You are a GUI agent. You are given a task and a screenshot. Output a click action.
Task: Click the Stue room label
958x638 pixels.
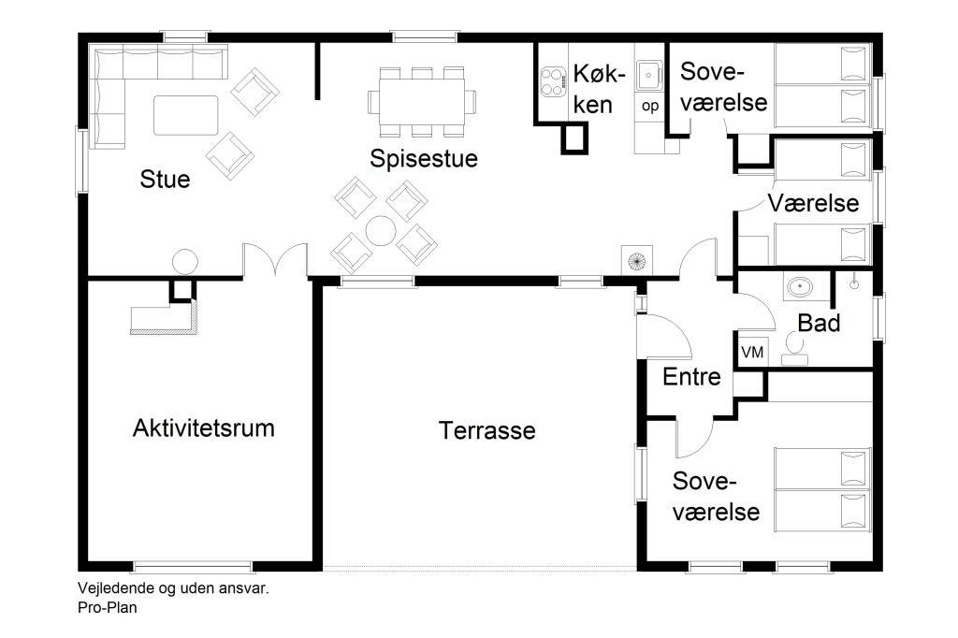click(x=165, y=179)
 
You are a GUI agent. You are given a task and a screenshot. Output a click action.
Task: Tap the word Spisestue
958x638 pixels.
click(x=424, y=158)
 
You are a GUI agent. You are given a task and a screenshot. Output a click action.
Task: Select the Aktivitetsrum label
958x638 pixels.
click(x=203, y=428)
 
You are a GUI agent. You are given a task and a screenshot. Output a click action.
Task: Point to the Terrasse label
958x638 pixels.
click(x=486, y=430)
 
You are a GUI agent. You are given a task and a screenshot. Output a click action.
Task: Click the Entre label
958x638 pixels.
click(x=691, y=376)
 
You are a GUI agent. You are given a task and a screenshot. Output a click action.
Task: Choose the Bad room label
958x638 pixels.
click(x=819, y=323)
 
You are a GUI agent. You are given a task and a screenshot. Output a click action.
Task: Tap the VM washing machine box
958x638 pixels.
click(x=752, y=352)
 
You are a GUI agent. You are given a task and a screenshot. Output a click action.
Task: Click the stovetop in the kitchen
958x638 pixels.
click(x=553, y=82)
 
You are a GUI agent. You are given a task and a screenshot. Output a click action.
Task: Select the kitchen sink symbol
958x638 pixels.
click(x=649, y=76)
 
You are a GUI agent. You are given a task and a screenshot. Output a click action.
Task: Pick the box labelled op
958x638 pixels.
click(x=650, y=106)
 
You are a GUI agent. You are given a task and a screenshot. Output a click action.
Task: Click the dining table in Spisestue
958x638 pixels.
click(x=422, y=101)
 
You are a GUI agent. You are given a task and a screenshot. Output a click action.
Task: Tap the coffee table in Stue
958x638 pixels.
click(x=186, y=115)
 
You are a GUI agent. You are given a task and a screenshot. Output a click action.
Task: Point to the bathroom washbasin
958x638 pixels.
click(x=799, y=286)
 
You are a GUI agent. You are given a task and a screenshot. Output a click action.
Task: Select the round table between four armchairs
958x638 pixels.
click(x=381, y=231)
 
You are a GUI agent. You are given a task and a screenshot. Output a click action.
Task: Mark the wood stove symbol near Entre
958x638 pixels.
click(x=636, y=261)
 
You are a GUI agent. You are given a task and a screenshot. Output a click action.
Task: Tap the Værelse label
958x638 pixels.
click(x=813, y=203)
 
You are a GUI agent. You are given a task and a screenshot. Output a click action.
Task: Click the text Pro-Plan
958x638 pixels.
click(x=108, y=607)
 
